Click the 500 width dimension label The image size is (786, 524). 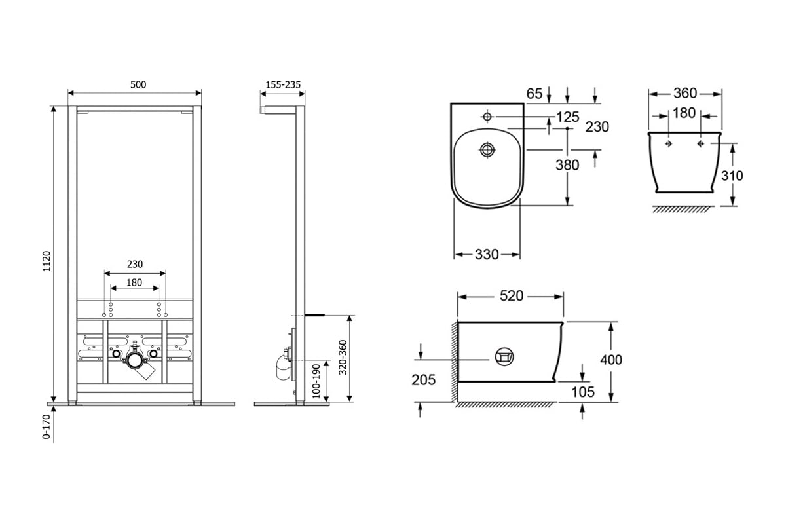[138, 84]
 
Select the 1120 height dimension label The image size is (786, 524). [47, 261]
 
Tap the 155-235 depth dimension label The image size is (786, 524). [283, 84]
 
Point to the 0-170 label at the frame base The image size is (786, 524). [47, 426]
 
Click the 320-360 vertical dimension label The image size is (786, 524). [343, 357]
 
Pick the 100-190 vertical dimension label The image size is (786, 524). [316, 381]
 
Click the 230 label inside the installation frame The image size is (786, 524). [135, 264]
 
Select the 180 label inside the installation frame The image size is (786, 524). [134, 282]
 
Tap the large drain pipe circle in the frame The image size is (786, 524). [135, 360]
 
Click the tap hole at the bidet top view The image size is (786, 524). [487, 116]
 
